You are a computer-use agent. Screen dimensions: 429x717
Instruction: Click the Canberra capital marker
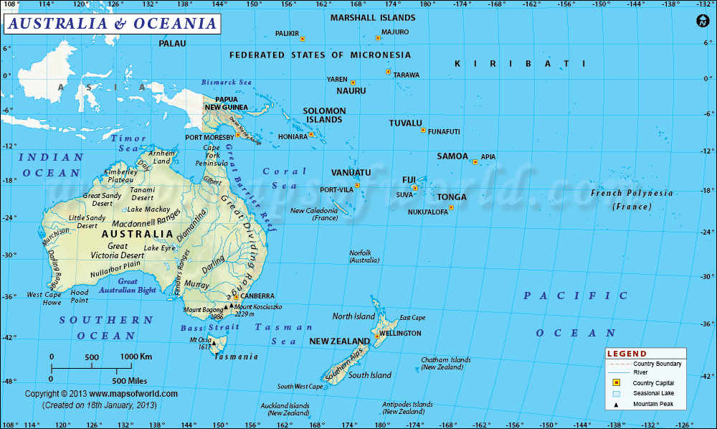(236, 296)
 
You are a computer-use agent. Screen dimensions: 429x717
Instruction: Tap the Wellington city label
(401, 334)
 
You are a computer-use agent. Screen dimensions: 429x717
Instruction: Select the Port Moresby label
(209, 137)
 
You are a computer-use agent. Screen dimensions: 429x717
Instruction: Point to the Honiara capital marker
(311, 135)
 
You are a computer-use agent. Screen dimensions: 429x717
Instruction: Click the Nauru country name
(351, 91)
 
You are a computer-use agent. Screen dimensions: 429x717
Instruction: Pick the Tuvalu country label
(405, 123)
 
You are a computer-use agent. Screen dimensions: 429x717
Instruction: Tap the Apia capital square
(475, 161)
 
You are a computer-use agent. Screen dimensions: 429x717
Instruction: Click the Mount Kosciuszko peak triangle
(231, 307)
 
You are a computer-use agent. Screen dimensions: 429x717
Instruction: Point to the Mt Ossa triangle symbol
(213, 342)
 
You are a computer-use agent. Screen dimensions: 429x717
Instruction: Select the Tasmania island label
(237, 357)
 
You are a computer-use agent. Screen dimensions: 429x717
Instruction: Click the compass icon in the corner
(702, 22)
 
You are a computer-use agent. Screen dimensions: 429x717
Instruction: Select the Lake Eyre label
(159, 248)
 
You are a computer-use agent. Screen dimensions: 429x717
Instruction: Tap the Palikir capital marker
(303, 39)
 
